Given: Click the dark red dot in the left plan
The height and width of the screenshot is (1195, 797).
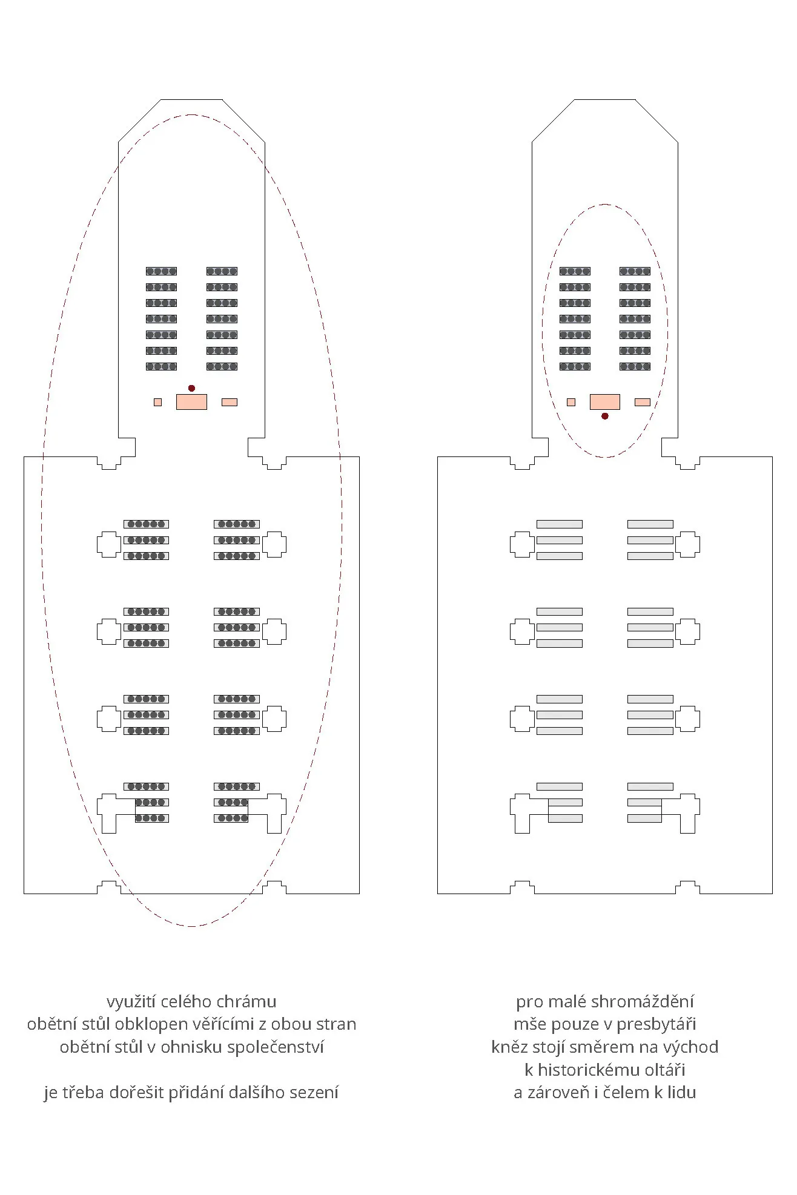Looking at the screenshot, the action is click(191, 388).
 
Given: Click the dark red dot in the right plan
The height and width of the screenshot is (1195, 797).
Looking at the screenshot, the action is click(604, 416).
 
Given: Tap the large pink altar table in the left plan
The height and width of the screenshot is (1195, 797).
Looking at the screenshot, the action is click(191, 402).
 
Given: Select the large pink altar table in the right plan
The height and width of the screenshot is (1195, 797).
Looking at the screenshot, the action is click(604, 402).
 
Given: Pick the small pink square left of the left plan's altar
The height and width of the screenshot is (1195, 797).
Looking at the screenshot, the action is click(157, 402).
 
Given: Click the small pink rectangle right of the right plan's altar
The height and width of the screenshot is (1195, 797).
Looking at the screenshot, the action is click(642, 402).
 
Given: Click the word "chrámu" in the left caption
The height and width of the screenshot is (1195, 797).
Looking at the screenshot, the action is click(250, 1002).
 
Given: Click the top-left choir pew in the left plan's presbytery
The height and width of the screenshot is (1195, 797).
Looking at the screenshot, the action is click(161, 271).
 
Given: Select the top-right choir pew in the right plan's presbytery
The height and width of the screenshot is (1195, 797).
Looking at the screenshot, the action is click(635, 271).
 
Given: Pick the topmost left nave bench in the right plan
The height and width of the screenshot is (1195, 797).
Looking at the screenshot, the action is click(560, 524).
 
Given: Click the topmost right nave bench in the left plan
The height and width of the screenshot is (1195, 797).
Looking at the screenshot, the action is click(237, 524).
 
